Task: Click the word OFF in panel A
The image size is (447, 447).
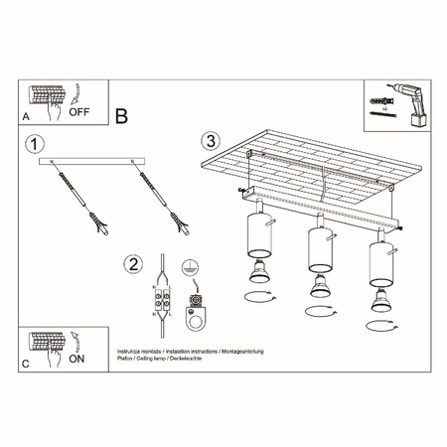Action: pos(80,113)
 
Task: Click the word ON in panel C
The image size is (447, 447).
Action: pos(75,363)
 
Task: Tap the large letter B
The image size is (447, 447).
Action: pos(121,116)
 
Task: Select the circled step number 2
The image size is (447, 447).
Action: pos(131,264)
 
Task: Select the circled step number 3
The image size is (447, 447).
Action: pos(210,141)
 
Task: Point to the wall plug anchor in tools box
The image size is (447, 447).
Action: pos(378,101)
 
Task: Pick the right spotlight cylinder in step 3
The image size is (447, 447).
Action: pos(381,260)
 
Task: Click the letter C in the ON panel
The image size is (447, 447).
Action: pos(25,366)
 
